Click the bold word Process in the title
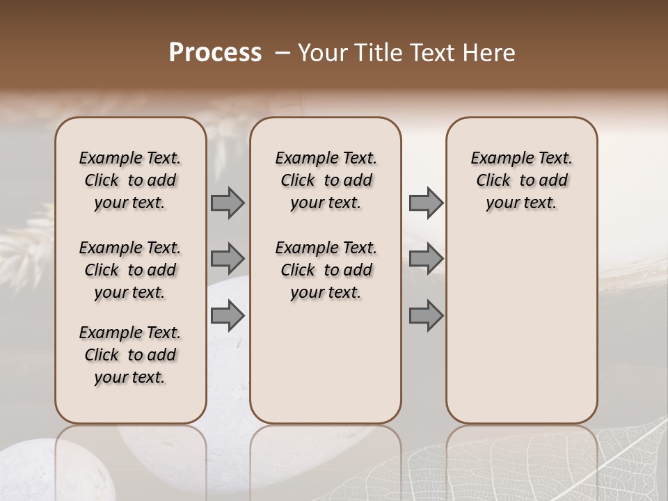(215, 53)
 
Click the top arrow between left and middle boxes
(227, 202)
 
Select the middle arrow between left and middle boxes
(227, 259)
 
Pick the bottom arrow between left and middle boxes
(227, 316)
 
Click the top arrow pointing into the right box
(426, 202)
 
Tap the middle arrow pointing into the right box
(426, 259)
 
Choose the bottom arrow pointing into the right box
(426, 316)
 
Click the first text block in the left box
(130, 180)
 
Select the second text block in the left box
(130, 270)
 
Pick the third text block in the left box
(130, 355)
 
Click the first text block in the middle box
(326, 180)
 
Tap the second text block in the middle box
(326, 270)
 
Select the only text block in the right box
(522, 180)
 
